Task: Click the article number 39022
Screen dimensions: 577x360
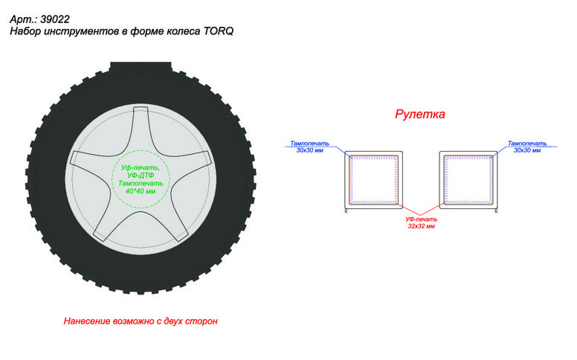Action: click(55, 19)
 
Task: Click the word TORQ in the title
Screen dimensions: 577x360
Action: click(218, 31)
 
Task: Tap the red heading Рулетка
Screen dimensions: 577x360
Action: click(420, 114)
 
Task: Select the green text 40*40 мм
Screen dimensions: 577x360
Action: click(141, 191)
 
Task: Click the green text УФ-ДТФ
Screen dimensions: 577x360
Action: click(141, 176)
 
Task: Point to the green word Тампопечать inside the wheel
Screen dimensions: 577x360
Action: click(141, 183)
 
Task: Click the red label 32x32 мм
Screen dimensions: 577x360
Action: click(421, 226)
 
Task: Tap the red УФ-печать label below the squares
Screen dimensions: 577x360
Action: click(422, 219)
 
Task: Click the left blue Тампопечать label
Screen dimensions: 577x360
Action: click(309, 144)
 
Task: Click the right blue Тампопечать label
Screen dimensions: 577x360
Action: click(527, 144)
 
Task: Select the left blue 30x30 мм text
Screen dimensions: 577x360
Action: click(309, 150)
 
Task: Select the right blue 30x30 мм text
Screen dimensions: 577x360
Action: click(527, 150)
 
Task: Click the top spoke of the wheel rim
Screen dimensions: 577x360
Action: click(141, 125)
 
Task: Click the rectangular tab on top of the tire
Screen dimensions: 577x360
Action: click(141, 67)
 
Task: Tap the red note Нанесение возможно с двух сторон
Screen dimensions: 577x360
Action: click(141, 321)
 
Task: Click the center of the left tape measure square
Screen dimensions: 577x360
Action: click(373, 180)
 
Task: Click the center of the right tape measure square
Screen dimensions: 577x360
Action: click(468, 180)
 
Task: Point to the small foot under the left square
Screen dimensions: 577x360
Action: click(346, 210)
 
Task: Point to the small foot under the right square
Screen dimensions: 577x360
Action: click(496, 210)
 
